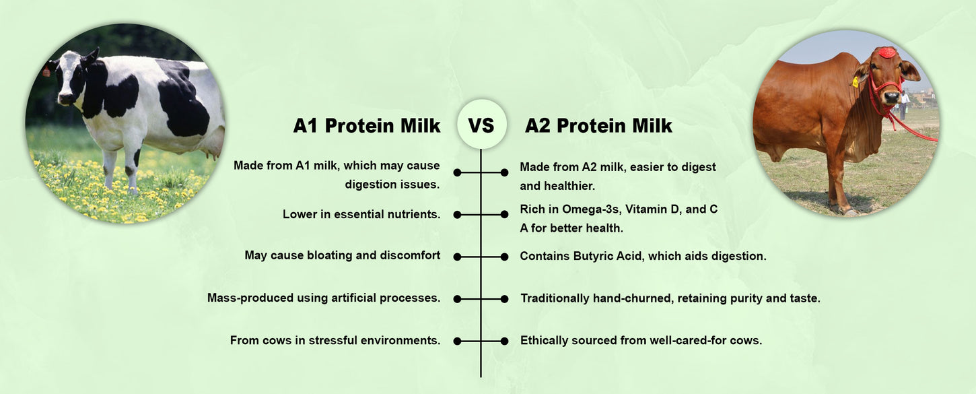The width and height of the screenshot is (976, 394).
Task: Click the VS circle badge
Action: (481, 124)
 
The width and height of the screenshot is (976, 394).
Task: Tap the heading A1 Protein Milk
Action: (366, 125)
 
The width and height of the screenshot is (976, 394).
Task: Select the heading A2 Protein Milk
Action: (598, 125)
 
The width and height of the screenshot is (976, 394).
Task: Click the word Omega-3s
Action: (591, 209)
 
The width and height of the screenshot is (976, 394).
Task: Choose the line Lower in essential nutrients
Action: (361, 214)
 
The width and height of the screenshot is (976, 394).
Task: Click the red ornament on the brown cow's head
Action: (887, 53)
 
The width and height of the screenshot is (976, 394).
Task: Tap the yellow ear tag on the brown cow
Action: (855, 81)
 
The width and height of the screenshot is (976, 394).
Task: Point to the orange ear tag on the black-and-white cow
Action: (46, 71)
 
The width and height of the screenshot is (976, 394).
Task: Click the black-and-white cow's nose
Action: (66, 99)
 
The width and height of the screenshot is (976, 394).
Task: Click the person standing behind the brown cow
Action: (904, 104)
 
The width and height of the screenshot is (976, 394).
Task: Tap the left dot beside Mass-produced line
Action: (457, 299)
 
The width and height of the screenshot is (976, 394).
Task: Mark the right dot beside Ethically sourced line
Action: (504, 341)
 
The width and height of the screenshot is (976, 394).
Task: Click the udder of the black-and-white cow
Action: (212, 150)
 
